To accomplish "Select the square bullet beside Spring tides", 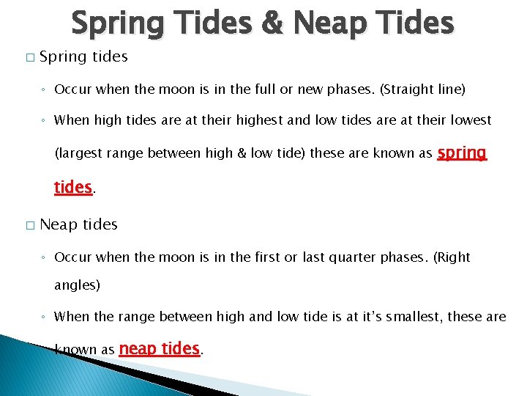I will [x=29, y=57].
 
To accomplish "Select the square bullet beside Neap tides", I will [x=29, y=225].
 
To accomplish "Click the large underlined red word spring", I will [x=461, y=153].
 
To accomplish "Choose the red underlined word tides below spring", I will [x=72, y=187].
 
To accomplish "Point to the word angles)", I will [x=77, y=285].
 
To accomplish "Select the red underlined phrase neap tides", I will [x=159, y=349].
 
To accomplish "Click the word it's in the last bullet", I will [x=359, y=316].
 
